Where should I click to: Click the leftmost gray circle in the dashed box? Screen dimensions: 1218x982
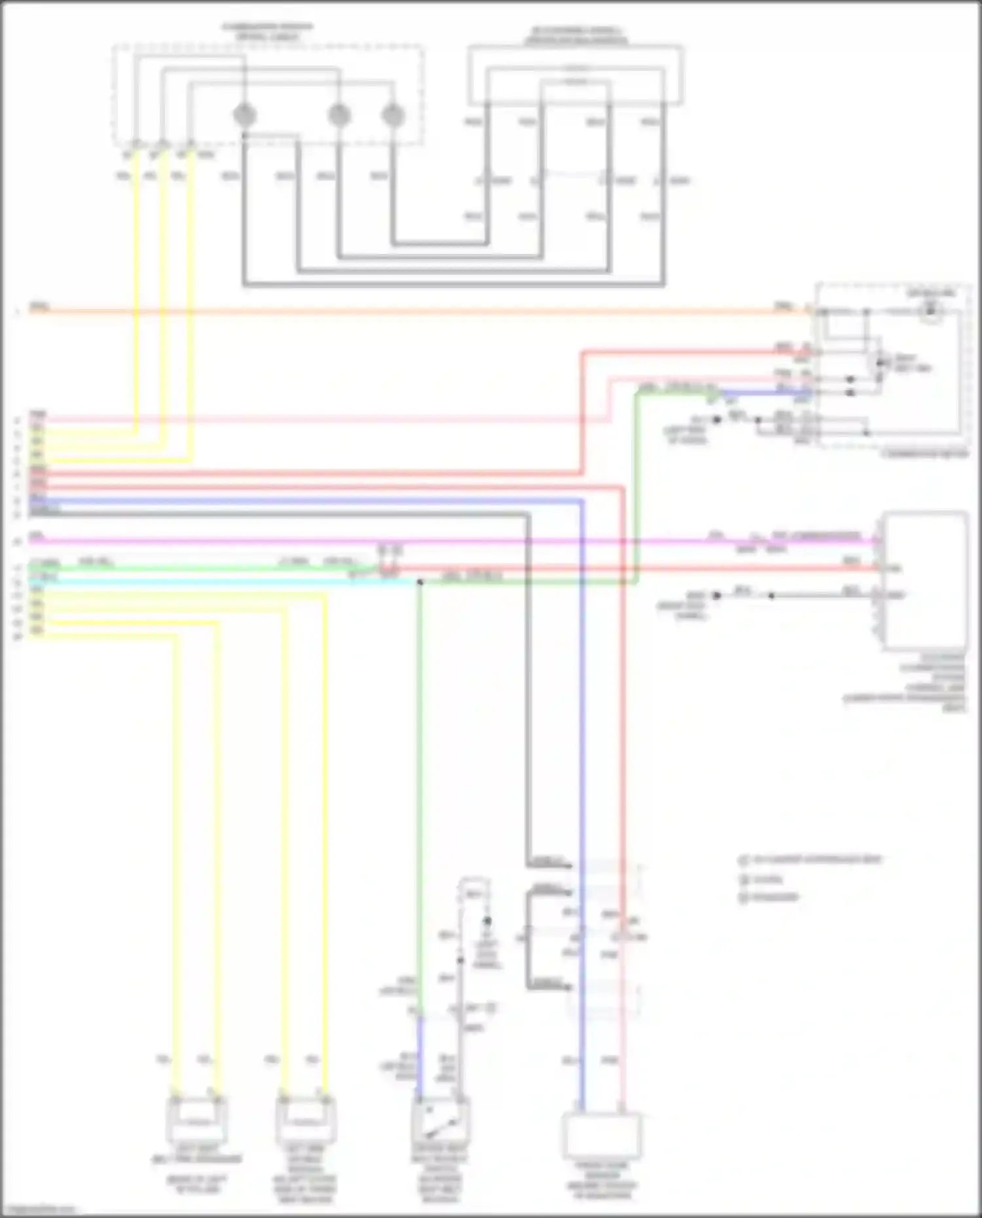244,115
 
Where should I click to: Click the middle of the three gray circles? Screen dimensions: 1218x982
338,115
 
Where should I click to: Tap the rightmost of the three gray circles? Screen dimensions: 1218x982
392,115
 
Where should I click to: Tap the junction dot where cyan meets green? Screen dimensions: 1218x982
420,581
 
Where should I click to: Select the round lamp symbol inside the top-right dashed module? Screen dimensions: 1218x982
930,312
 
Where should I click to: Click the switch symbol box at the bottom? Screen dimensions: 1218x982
440,1122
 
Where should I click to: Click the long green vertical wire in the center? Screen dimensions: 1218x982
420,785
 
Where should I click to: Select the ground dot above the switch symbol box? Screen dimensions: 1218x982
487,921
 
